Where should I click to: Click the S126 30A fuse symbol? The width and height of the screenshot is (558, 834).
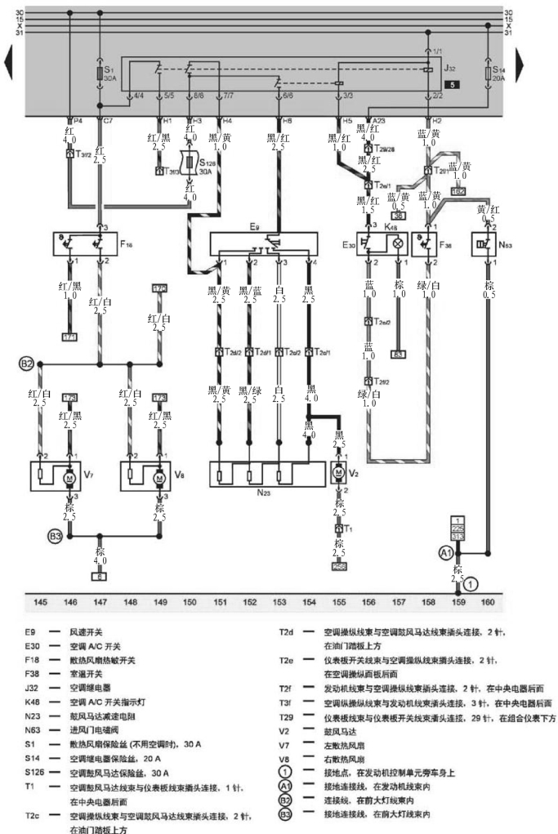tap(190, 162)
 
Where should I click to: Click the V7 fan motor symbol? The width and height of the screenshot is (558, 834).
tap(69, 476)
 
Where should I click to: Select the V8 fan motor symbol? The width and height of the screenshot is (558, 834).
tap(159, 476)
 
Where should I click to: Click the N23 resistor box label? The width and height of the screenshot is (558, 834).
tap(263, 494)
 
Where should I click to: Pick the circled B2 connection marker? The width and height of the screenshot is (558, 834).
tap(27, 363)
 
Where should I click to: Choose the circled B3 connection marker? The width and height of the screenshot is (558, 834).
tap(55, 537)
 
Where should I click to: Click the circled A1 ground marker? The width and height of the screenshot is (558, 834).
tap(447, 552)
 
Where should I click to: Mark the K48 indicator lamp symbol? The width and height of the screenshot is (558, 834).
tap(399, 243)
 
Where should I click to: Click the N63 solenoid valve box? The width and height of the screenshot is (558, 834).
tap(489, 243)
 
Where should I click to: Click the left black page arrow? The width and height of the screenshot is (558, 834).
tap(10, 60)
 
